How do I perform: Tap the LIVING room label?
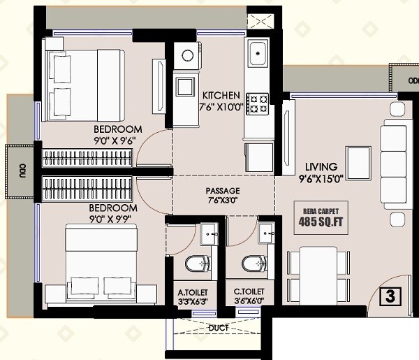[x=321, y=167]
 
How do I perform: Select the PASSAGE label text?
[x=223, y=190]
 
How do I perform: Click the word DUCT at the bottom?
[x=219, y=327]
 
